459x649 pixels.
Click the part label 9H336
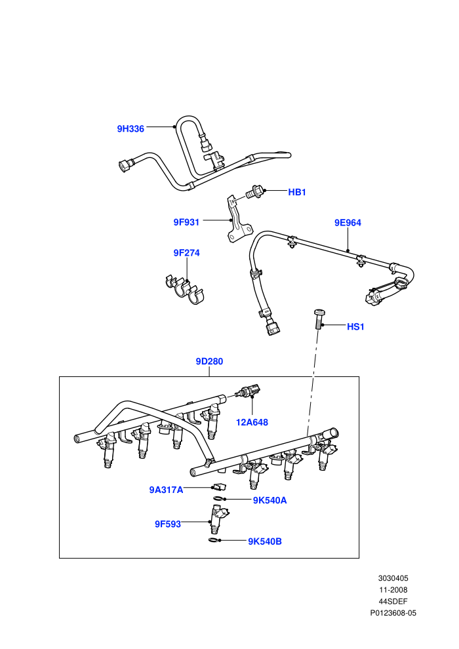130,128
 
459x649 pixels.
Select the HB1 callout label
297,193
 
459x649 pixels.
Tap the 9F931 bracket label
186,222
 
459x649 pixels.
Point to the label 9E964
348,223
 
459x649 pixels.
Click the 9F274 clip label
186,253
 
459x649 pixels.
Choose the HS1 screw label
355,326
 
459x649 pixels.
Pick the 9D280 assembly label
209,361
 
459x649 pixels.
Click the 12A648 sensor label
252,422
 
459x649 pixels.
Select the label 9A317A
166,490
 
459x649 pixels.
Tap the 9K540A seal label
270,500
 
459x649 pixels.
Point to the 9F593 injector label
168,524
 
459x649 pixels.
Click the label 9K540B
265,541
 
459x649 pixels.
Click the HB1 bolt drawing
254,191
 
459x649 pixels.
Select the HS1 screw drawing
319,319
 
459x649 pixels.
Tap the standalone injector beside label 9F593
217,519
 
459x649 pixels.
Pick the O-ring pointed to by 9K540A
218,498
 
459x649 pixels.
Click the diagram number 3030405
393,578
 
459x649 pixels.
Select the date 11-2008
393,590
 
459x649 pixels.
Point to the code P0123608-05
393,613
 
